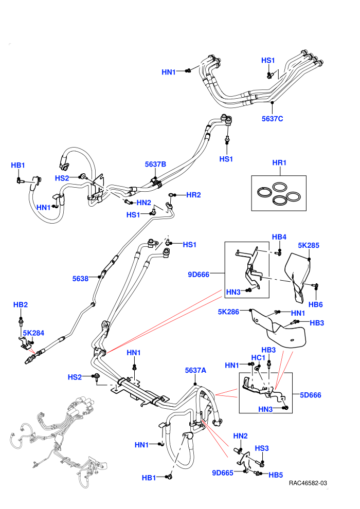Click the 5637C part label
[273, 119]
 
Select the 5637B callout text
[155, 164]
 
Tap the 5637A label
[195, 370]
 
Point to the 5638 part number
[80, 279]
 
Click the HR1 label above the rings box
[279, 162]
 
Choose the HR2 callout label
[193, 195]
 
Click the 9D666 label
[199, 275]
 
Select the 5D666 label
[310, 395]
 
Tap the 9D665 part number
[223, 473]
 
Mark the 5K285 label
[309, 245]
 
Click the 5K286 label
[228, 312]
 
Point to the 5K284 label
[33, 333]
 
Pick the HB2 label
[21, 305]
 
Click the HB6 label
[316, 304]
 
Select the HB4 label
[279, 237]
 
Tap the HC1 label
[258, 358]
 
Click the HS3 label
[262, 448]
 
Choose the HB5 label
[276, 475]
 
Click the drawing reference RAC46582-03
[308, 483]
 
